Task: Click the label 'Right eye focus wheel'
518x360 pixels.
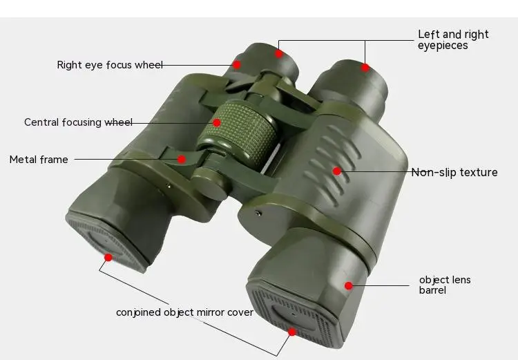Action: pos(110,65)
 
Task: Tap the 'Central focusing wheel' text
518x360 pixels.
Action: pos(78,122)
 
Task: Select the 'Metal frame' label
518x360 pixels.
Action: pos(39,160)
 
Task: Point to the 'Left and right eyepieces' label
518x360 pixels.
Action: pos(453,39)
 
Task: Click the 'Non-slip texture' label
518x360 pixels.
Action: pos(454,173)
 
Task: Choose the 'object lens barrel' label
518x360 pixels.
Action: pos(445,285)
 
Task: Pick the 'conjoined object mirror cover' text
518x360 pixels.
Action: pos(184,312)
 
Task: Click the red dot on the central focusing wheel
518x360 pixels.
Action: pos(217,122)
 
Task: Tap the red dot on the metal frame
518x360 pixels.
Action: pos(182,159)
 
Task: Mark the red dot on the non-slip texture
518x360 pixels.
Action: pos(337,171)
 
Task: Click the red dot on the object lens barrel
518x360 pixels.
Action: pos(349,285)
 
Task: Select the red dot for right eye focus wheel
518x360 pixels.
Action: pos(237,64)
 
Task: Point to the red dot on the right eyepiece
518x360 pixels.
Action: pos(365,68)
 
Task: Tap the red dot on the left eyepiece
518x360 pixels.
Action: pos(279,53)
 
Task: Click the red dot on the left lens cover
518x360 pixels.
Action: pos(108,257)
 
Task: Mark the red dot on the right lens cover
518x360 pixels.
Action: pos(292,332)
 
